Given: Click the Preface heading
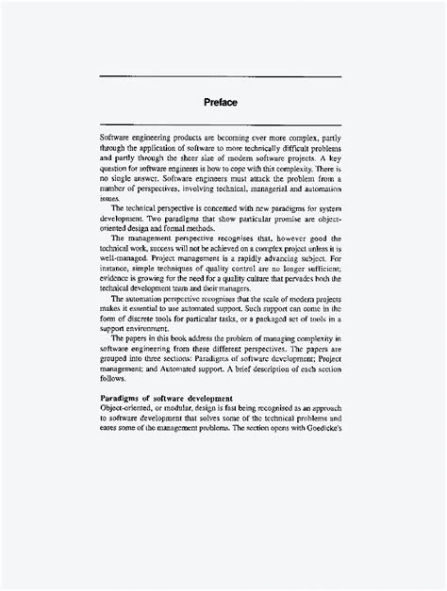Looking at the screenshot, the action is [223, 102].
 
